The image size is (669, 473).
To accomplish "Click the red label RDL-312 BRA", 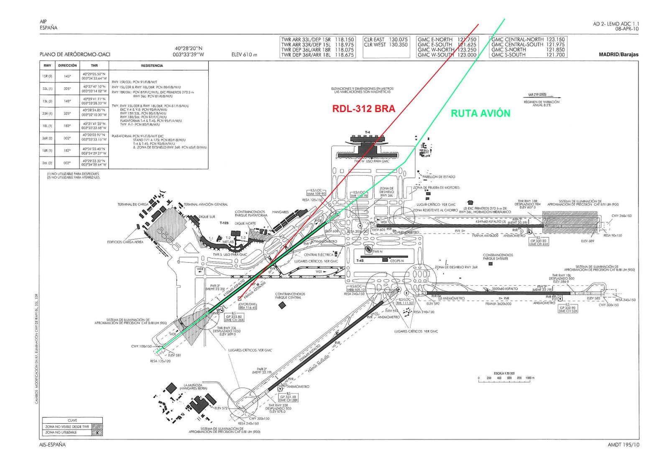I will click(363, 109).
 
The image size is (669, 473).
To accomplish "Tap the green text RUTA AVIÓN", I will click(480, 113).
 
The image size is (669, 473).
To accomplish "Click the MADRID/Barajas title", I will click(618, 55).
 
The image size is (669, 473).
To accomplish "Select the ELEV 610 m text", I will click(244, 55).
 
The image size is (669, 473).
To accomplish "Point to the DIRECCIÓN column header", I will click(67, 66).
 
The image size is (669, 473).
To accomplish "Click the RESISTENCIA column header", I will click(152, 66).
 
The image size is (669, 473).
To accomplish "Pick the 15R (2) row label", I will click(47, 76).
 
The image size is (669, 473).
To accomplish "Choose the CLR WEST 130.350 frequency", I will click(386, 45).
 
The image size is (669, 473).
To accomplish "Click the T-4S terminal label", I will click(360, 261).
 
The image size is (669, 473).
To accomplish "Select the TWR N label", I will click(377, 251).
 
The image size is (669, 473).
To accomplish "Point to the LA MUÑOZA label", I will click(193, 385).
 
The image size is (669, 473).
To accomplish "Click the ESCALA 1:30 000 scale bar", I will click(504, 378).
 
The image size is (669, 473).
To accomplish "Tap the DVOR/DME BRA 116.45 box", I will click(248, 306).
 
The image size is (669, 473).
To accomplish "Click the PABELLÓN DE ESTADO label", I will click(439, 177).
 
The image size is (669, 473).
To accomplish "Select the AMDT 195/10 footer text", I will click(623, 445).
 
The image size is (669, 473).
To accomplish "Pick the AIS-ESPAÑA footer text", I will click(53, 445).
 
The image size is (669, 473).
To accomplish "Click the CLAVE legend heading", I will click(72, 420).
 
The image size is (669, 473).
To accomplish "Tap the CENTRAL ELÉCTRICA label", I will click(319, 255).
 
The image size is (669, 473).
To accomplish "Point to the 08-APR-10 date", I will click(627, 29).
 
